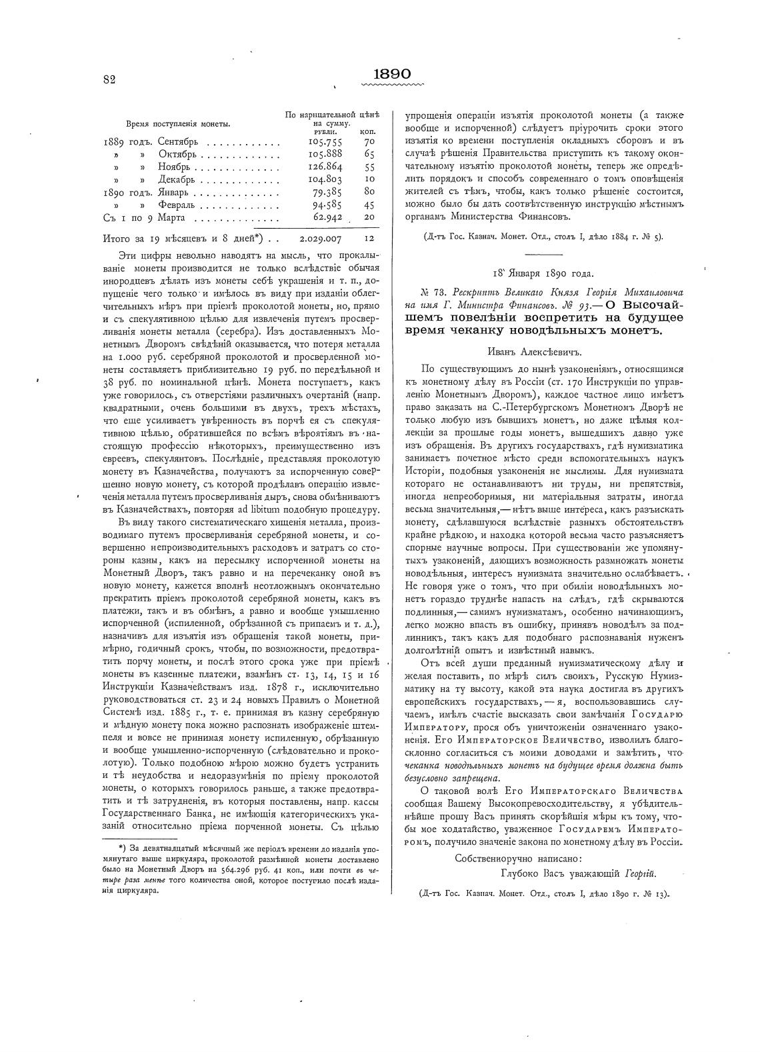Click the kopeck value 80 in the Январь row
(369, 192)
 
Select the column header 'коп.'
(367, 131)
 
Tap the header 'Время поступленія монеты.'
(179, 123)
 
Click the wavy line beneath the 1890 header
(392, 85)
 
